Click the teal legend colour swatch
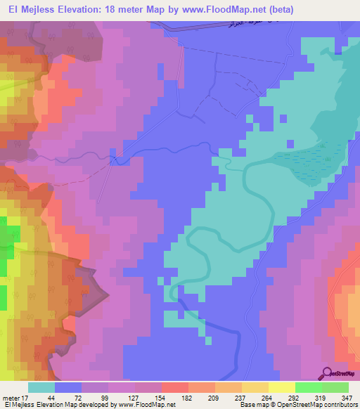tap(41, 387)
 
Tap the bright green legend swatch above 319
tap(308, 387)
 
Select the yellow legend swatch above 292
tap(282, 387)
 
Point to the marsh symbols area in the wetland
tap(314, 158)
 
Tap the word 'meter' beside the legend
tap(10, 397)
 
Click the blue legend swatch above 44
tap(68, 387)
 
